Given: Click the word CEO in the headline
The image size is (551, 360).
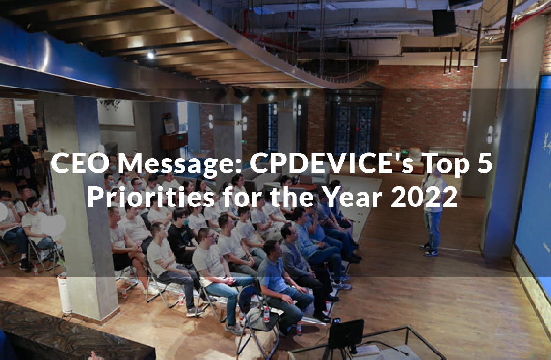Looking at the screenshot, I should pyautogui.click(x=78, y=164).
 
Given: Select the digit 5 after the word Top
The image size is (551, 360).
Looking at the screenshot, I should pyautogui.click(x=484, y=164).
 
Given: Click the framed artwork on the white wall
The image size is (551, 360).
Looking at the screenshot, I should pyautogui.click(x=115, y=112).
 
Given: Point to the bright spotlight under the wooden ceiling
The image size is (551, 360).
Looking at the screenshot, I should pyautogui.click(x=151, y=55).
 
